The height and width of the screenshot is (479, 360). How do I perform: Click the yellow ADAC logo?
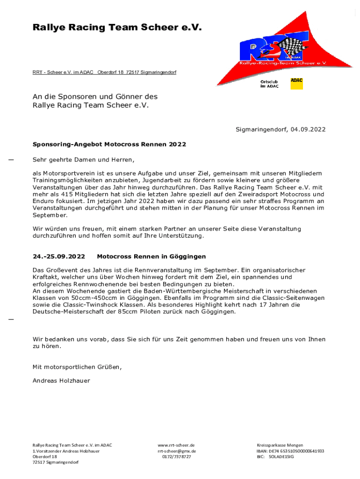[x=296, y=84]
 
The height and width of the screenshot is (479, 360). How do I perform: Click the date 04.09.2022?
[x=308, y=130]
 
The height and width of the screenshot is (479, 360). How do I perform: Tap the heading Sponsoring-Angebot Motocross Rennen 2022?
[x=109, y=144]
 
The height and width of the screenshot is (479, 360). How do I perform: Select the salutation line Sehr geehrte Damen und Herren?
[x=83, y=160]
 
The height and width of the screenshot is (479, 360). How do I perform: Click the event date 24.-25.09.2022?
[x=59, y=257]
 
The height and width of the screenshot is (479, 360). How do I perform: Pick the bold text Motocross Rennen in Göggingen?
[x=151, y=257]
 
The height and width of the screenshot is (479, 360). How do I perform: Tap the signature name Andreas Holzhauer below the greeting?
[x=61, y=381]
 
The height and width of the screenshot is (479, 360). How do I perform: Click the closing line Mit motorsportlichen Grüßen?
[x=77, y=367]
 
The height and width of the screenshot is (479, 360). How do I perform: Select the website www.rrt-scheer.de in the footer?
[x=176, y=445]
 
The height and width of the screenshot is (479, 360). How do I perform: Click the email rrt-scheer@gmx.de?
[x=177, y=451]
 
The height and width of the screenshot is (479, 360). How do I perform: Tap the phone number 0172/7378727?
[x=177, y=457]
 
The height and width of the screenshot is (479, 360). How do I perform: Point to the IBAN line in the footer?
[x=290, y=451]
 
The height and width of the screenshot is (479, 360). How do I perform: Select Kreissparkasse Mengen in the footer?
[x=280, y=445]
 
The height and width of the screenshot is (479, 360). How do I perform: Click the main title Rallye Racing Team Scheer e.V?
[x=117, y=28]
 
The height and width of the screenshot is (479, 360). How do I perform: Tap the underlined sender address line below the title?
[x=104, y=72]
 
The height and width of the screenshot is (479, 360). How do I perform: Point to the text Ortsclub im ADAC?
[x=269, y=84]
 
